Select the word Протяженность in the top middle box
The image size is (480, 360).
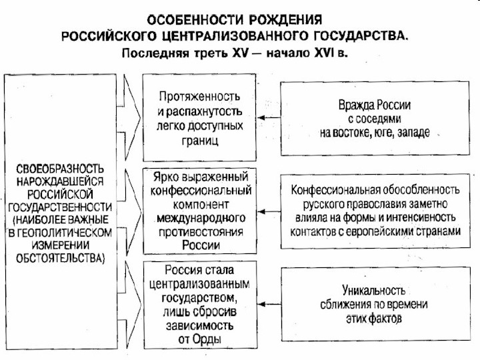click(x=199, y=97)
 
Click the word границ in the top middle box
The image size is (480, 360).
click(x=200, y=141)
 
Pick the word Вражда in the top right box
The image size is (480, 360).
click(x=356, y=105)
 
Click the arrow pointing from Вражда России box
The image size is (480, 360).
click(x=269, y=117)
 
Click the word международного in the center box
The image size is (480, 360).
click(x=201, y=218)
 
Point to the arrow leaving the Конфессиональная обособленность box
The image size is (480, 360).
click(x=269, y=211)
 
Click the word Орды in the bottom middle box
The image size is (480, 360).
click(x=207, y=339)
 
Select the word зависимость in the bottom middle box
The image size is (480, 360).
click(x=199, y=325)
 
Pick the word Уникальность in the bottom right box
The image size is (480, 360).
click(x=373, y=290)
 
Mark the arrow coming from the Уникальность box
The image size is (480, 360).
click(x=269, y=304)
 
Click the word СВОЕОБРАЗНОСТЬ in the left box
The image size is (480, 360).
click(x=60, y=169)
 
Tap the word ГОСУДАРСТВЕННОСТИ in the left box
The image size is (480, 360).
click(x=60, y=207)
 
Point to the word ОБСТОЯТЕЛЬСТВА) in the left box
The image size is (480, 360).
click(x=60, y=258)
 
